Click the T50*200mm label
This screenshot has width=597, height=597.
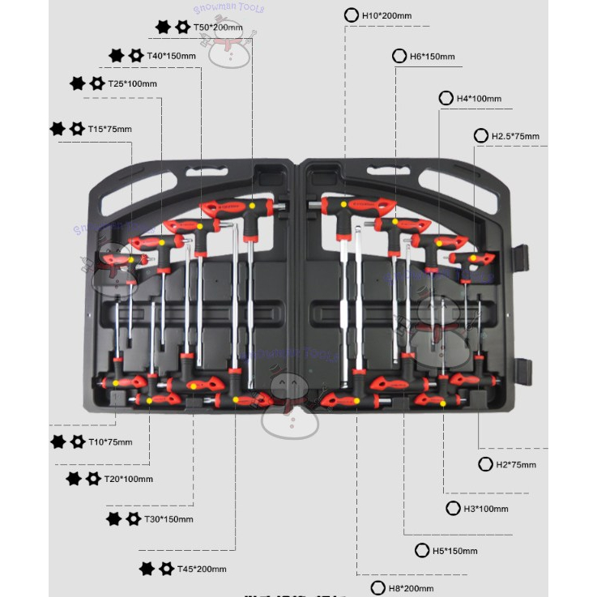[x=218, y=28]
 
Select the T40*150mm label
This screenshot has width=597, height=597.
[x=171, y=56]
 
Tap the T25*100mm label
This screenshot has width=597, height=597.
[x=132, y=83]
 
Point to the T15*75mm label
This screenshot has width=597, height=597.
[x=109, y=129]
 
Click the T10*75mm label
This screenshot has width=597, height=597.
[x=110, y=441]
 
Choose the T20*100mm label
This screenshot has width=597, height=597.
[x=128, y=479]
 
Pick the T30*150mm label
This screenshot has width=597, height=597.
[x=168, y=518]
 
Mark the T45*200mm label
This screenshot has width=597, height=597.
[x=202, y=569]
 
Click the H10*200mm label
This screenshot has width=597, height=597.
[x=386, y=15]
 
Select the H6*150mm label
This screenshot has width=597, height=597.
[x=432, y=57]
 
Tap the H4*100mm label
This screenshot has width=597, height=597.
[x=479, y=99]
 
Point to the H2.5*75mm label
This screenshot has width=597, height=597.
[x=515, y=136]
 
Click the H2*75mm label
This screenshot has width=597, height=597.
[x=516, y=464]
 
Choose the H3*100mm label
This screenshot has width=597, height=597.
[x=485, y=509]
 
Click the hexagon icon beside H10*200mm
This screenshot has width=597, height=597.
[x=352, y=15]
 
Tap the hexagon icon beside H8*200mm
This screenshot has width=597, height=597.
[x=377, y=588]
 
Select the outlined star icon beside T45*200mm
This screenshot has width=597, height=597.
[x=166, y=569]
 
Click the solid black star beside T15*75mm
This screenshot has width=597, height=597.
[x=58, y=128]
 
